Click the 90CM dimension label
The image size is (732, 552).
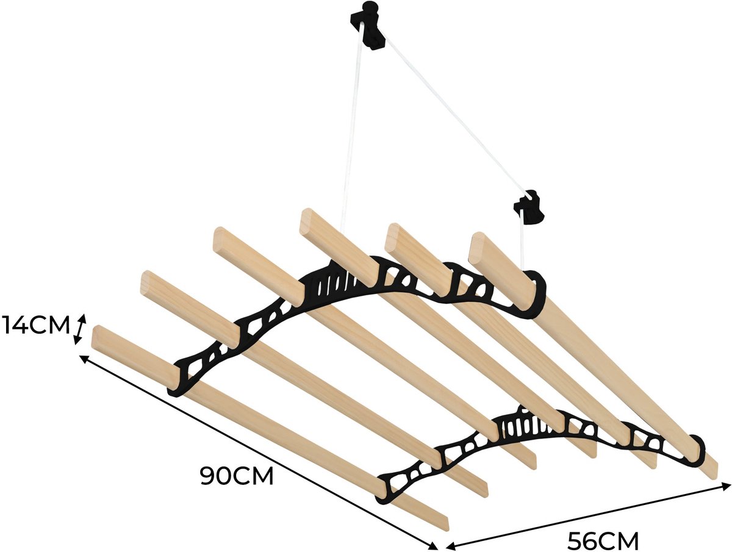[237, 476]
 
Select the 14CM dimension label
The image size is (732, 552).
[35, 326]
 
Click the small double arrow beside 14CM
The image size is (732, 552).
[80, 329]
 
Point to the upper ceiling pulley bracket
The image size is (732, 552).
[368, 26]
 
